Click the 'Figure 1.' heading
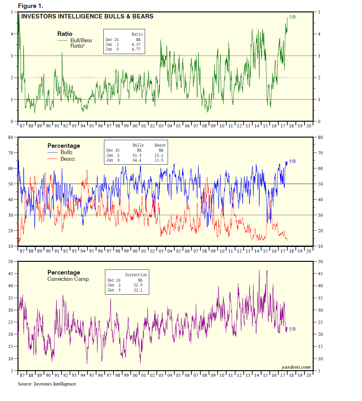[x=31, y=6]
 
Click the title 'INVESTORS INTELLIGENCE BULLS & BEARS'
[x=87, y=17]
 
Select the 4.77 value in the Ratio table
[x=136, y=49]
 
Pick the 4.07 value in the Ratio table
[x=136, y=44]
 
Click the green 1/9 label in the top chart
[x=292, y=17]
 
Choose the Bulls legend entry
[x=66, y=152]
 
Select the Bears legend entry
[x=67, y=159]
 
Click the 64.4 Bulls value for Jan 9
[x=137, y=160]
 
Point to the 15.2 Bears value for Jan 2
[x=159, y=155]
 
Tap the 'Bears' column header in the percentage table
[x=160, y=145]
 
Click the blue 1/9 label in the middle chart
[x=292, y=161]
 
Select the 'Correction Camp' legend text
[x=68, y=279]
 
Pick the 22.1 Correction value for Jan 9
[x=138, y=290]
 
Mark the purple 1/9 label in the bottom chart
[x=292, y=329]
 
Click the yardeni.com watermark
[x=296, y=367]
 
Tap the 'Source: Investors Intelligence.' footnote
[x=47, y=384]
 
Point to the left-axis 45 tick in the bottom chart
[x=11, y=274]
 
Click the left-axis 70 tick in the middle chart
[x=11, y=153]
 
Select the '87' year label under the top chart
[x=22, y=126]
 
